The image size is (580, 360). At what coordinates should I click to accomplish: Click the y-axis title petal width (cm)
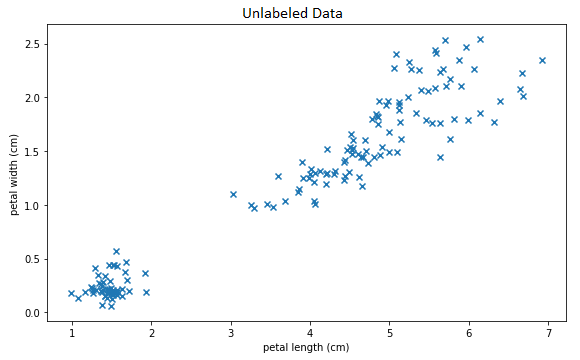13,175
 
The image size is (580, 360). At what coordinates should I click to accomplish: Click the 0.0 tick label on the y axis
36,313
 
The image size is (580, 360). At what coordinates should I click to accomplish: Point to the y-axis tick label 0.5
36,259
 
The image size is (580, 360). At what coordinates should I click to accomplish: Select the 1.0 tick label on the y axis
36,205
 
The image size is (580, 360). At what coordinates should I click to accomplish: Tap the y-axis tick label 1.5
36,151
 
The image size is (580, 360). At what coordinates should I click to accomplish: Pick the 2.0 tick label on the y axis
36,97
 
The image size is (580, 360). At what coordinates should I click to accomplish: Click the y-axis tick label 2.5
36,44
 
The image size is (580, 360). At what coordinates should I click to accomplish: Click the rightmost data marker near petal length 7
543,60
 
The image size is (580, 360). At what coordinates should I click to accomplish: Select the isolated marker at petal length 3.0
233,194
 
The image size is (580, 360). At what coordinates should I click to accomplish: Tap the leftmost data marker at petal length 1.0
71,293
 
